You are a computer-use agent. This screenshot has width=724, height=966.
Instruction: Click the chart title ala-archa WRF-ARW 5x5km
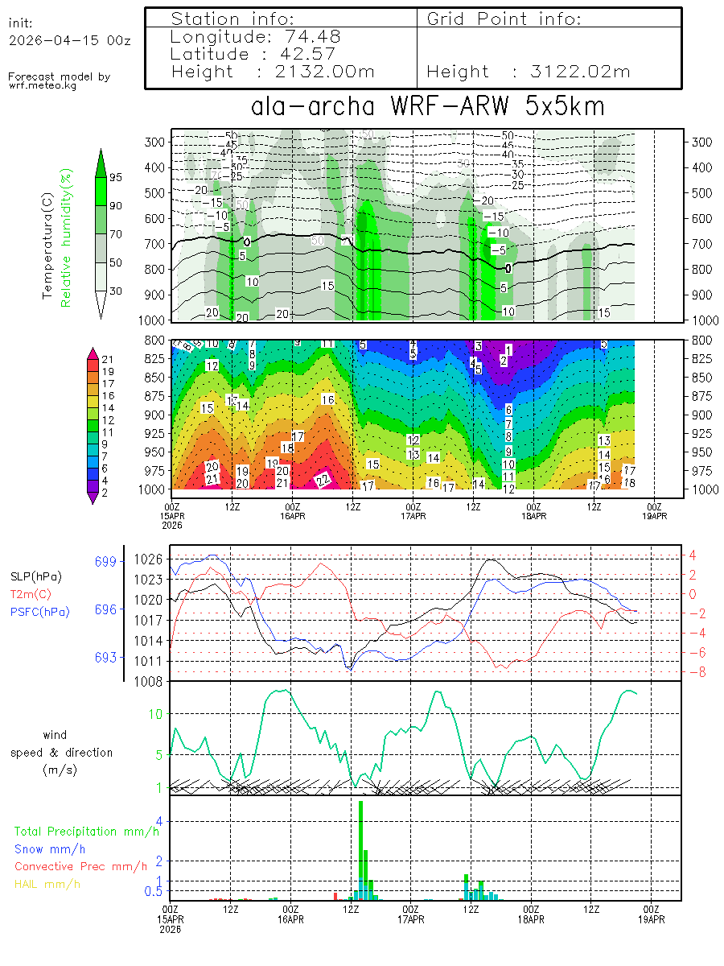tap(427, 106)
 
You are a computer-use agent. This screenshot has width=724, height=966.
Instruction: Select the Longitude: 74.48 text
tap(256, 36)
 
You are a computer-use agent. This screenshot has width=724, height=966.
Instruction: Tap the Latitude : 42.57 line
tap(256, 54)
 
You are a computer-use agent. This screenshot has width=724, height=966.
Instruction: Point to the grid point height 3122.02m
tap(529, 72)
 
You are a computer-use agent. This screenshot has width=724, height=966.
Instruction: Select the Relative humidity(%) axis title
tap(68, 237)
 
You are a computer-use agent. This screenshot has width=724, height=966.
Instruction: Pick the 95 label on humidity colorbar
tap(115, 177)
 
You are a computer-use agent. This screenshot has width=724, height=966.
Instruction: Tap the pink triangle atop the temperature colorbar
tap(93, 352)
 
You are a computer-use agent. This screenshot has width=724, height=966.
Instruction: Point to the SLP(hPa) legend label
tap(35, 576)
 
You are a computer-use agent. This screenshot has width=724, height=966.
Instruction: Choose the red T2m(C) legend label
tap(29, 594)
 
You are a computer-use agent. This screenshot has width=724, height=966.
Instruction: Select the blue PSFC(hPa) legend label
tap(40, 612)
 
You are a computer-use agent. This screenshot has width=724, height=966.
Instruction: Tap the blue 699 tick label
tap(106, 561)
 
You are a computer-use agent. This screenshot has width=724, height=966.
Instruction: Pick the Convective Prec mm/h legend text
tap(80, 866)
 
